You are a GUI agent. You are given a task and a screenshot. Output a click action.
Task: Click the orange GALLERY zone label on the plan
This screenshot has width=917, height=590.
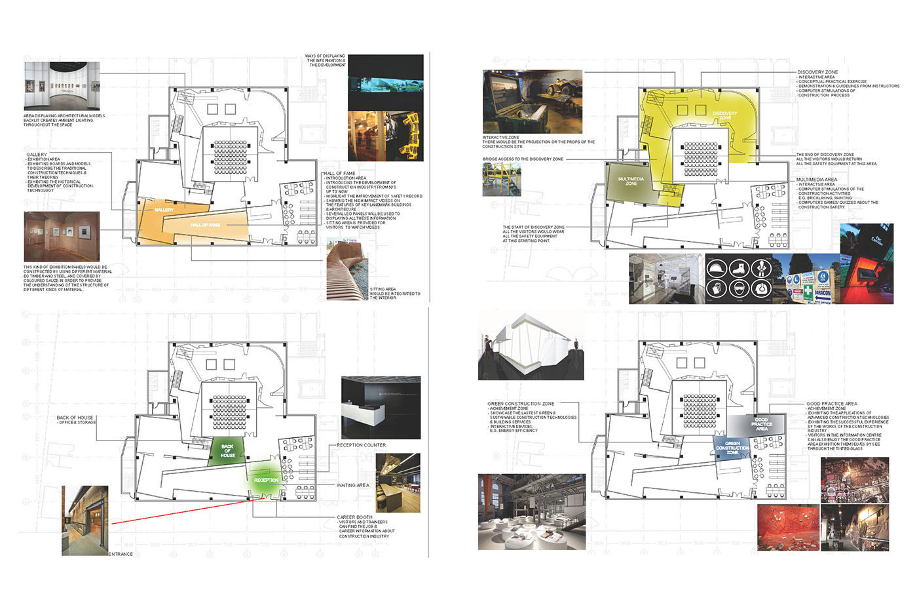[x=164, y=210]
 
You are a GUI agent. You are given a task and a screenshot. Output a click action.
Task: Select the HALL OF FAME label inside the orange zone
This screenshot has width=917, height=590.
[x=205, y=226]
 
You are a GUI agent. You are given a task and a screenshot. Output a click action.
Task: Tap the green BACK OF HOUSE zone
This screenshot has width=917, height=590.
[x=227, y=451]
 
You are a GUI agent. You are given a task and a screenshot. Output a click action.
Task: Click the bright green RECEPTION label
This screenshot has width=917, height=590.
[x=266, y=480]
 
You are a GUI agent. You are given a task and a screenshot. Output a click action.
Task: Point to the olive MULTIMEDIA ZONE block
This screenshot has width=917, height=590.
[x=631, y=181]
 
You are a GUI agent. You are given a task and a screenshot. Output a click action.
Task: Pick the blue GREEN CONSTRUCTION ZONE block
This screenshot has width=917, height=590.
[x=732, y=448]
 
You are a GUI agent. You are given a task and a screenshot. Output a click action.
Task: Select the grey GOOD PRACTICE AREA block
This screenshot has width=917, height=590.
[x=761, y=424]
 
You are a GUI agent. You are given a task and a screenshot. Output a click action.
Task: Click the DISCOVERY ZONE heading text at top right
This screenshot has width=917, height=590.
[x=817, y=72]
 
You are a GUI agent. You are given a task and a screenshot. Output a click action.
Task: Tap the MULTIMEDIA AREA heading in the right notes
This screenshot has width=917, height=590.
[x=816, y=180]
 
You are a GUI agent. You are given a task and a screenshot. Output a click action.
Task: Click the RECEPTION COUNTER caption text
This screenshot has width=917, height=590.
[x=361, y=445]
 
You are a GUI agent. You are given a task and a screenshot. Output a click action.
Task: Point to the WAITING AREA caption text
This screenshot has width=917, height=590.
[x=352, y=485]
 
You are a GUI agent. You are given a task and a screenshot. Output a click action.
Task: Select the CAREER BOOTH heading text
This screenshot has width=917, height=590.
[x=355, y=517]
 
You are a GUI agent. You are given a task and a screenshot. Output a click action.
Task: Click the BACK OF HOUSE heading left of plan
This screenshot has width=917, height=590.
[x=75, y=418]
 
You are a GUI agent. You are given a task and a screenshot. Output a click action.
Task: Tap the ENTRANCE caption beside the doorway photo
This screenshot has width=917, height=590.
[x=121, y=554]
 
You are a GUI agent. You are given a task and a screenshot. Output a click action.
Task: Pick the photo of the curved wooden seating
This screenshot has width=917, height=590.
[x=346, y=269]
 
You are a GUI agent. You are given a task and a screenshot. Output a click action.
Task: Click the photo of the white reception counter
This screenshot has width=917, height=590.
[x=381, y=407]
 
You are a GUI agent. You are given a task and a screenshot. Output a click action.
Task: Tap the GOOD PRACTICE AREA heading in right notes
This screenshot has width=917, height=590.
[x=831, y=404]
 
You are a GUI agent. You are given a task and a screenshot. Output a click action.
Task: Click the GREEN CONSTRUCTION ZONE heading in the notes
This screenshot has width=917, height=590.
[x=520, y=404]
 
